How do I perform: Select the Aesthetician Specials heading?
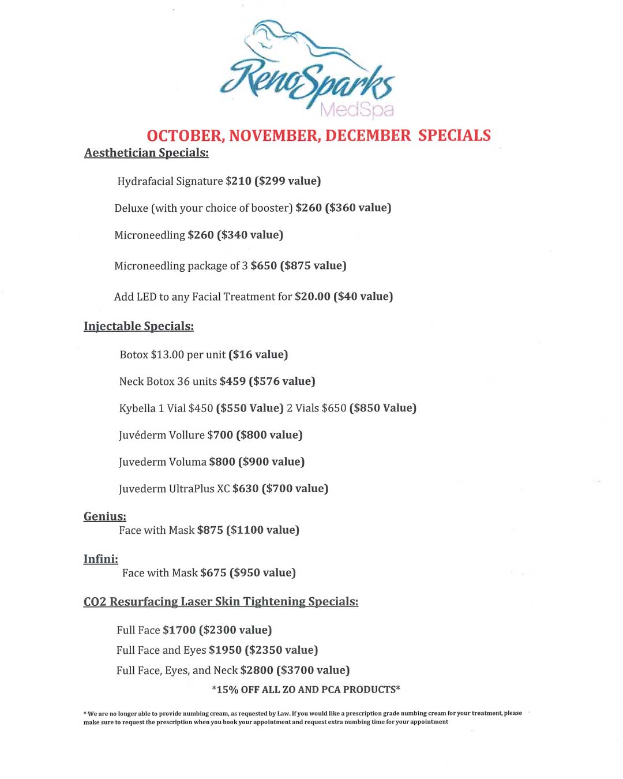click(147, 153)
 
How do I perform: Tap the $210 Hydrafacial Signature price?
click(239, 181)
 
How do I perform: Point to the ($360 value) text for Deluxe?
click(358, 208)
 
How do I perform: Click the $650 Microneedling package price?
click(264, 266)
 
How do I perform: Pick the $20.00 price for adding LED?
click(313, 297)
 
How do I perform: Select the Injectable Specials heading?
click(138, 327)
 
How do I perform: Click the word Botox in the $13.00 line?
click(134, 355)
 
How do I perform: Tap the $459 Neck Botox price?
click(232, 381)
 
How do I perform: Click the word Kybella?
click(137, 409)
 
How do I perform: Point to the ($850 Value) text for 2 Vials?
click(383, 409)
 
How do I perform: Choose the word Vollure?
click(186, 435)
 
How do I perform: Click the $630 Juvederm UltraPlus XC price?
click(246, 489)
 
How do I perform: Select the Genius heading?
click(105, 516)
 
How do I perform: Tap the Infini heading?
click(101, 559)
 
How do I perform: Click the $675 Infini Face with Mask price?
click(213, 573)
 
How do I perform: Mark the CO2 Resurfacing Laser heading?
click(221, 602)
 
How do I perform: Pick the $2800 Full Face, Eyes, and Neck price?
click(257, 671)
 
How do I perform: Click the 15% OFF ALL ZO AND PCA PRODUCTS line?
click(306, 690)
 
